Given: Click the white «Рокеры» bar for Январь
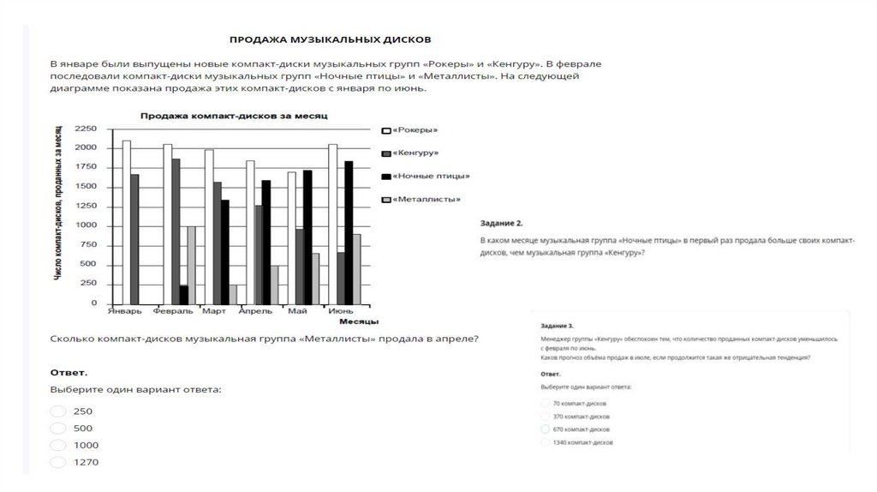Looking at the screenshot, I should coord(127,222).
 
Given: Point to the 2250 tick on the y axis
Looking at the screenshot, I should coord(87,129).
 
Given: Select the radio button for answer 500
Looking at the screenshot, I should coord(58,429).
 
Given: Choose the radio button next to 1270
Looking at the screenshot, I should coord(58,463).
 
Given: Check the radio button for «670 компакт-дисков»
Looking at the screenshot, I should coord(546,428).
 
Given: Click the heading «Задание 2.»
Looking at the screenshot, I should coord(496,222).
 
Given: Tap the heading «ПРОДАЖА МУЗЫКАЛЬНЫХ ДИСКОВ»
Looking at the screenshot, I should coord(330,39).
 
